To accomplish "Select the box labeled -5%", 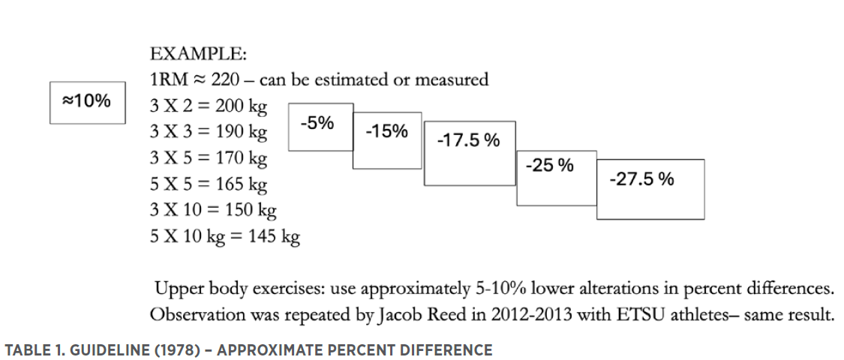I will [x=320, y=126].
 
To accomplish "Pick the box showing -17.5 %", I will [x=469, y=152].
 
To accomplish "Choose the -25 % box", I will [x=556, y=177].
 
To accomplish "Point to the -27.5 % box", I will [x=650, y=188].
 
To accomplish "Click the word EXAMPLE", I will [x=198, y=55].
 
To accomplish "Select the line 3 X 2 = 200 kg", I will [x=209, y=106].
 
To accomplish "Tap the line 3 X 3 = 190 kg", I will [x=209, y=132].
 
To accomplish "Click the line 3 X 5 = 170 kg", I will [x=209, y=158].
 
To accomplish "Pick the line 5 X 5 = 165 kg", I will [x=209, y=184].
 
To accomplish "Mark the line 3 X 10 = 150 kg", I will [x=213, y=211].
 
